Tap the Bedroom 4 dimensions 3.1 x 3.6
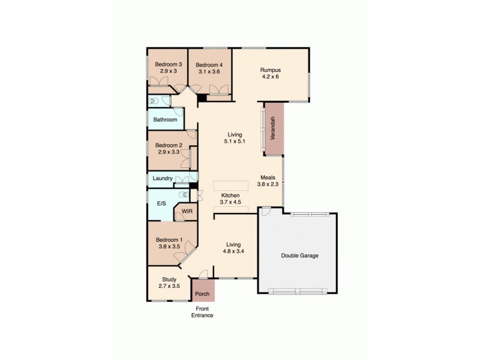(x=210, y=71)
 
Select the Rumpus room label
(x=271, y=69)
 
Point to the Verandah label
(x=273, y=128)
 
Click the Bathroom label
(x=165, y=120)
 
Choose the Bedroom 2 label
(x=169, y=145)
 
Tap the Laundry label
(x=163, y=178)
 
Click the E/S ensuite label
(x=161, y=204)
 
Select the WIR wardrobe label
(x=187, y=211)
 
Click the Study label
(x=169, y=279)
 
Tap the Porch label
(x=202, y=295)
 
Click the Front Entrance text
(x=202, y=311)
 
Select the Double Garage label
(x=299, y=256)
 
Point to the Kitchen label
(x=230, y=196)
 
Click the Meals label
(x=268, y=178)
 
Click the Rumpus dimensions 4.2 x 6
(x=271, y=77)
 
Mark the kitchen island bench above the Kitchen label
(x=230, y=183)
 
